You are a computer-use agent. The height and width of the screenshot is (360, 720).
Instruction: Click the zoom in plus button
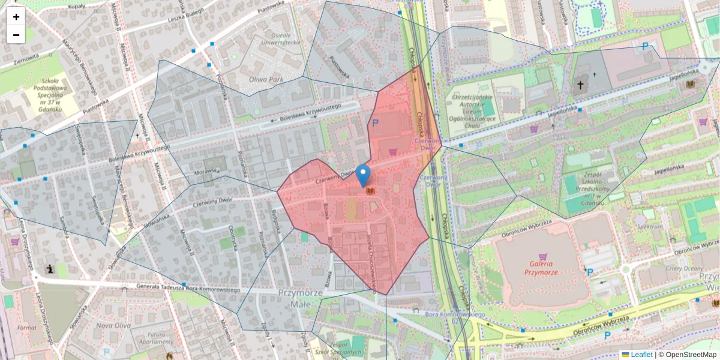click(16, 17)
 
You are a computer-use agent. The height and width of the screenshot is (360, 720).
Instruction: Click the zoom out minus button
click(16, 35)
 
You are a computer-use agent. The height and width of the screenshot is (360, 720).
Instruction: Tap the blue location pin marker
click(363, 175)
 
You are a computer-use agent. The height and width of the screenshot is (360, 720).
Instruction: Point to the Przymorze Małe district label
click(301, 298)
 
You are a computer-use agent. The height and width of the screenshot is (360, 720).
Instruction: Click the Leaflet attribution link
click(641, 355)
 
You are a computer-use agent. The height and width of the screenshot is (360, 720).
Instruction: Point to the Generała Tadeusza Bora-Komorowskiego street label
click(188, 287)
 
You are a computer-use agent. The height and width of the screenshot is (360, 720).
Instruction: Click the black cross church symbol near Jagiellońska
click(580, 85)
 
